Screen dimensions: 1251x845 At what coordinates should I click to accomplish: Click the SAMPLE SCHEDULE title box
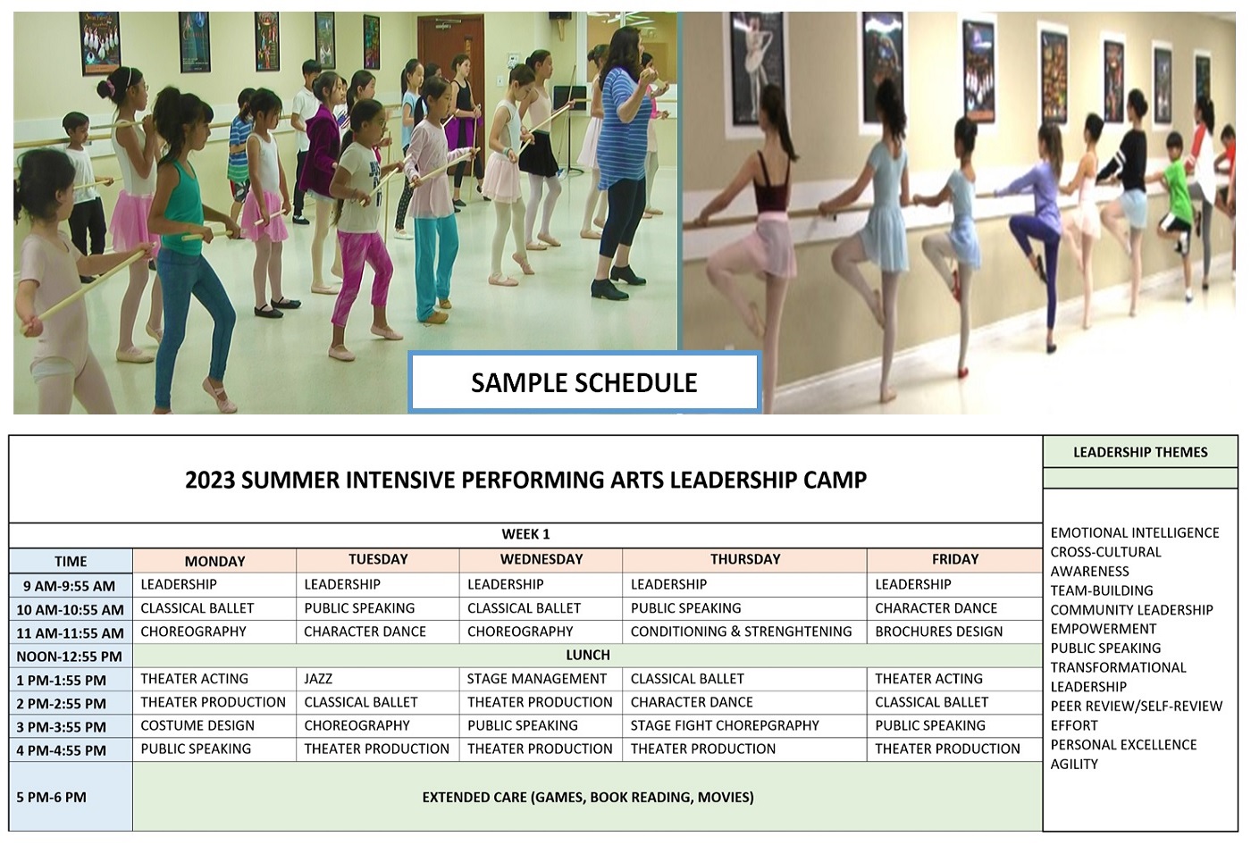pos(584,382)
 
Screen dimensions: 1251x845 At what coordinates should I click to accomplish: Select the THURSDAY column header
pos(745,559)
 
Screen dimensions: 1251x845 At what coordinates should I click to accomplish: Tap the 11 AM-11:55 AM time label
pos(71,633)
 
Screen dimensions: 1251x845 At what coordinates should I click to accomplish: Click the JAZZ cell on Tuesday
pos(318,679)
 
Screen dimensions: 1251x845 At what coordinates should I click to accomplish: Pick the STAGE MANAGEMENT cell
pos(537,679)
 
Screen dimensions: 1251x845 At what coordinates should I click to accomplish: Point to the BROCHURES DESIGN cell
pos(939,632)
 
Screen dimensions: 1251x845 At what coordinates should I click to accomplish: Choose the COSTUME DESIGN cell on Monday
pos(197,725)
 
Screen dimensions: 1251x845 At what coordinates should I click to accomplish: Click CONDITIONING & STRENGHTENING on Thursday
pos(741,632)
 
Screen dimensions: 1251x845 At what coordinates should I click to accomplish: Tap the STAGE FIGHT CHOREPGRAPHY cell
pos(725,725)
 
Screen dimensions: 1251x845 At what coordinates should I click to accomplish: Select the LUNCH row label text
pos(588,655)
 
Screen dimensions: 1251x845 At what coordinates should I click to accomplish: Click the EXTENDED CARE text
pos(588,797)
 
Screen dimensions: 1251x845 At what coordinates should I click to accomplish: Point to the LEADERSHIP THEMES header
pos(1140,452)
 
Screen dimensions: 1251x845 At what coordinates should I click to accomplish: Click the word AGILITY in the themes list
pos(1074,764)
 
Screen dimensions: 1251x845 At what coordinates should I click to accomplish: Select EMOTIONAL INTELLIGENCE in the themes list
pos(1135,532)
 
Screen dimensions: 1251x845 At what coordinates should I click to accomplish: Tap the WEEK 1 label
pos(525,534)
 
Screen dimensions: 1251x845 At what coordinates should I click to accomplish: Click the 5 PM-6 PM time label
pos(52,797)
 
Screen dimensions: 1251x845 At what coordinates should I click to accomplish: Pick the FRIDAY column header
pos(955,559)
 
